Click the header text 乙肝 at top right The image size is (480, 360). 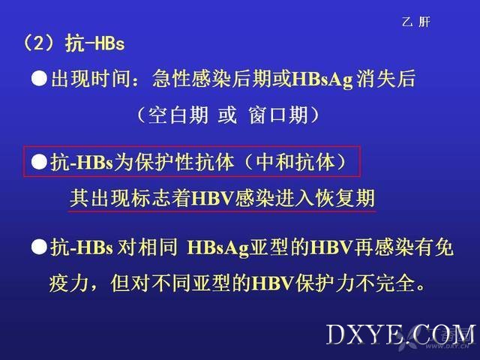[416, 22]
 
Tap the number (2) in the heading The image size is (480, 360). [39, 43]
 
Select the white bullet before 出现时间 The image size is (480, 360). [39, 79]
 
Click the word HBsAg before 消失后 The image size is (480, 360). [322, 79]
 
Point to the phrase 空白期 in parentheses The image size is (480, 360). [178, 115]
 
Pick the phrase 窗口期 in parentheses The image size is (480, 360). [278, 115]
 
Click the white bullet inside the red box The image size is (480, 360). [39, 162]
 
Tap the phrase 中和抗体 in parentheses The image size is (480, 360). [295, 162]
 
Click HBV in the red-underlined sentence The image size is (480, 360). [213, 198]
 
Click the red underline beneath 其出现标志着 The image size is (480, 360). [222, 211]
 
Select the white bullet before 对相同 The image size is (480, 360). [39, 247]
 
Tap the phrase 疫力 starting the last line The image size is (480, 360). [69, 283]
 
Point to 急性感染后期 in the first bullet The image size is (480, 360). [211, 79]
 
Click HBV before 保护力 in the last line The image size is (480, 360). [272, 283]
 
